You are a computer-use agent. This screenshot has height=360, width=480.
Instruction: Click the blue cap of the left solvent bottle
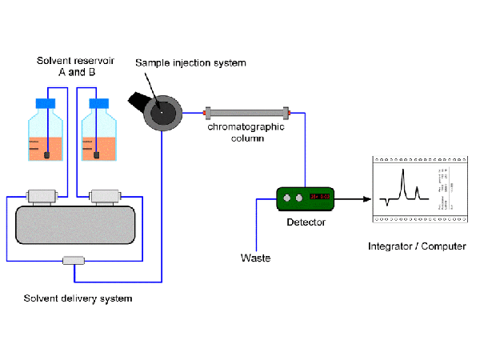45,103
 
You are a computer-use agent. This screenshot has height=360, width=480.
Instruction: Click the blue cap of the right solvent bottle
98,103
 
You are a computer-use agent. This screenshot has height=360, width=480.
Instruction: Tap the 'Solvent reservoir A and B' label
73,67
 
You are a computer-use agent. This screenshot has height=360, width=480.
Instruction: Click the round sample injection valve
163,114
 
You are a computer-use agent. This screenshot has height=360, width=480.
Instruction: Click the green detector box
305,198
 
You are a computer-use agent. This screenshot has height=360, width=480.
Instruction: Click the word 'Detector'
306,222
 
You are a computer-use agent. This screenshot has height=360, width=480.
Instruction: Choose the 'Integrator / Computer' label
417,246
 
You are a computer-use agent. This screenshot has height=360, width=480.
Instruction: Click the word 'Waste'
255,258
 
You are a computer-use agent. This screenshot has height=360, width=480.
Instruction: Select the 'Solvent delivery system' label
77,299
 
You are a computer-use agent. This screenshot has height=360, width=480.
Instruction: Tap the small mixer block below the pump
74,260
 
